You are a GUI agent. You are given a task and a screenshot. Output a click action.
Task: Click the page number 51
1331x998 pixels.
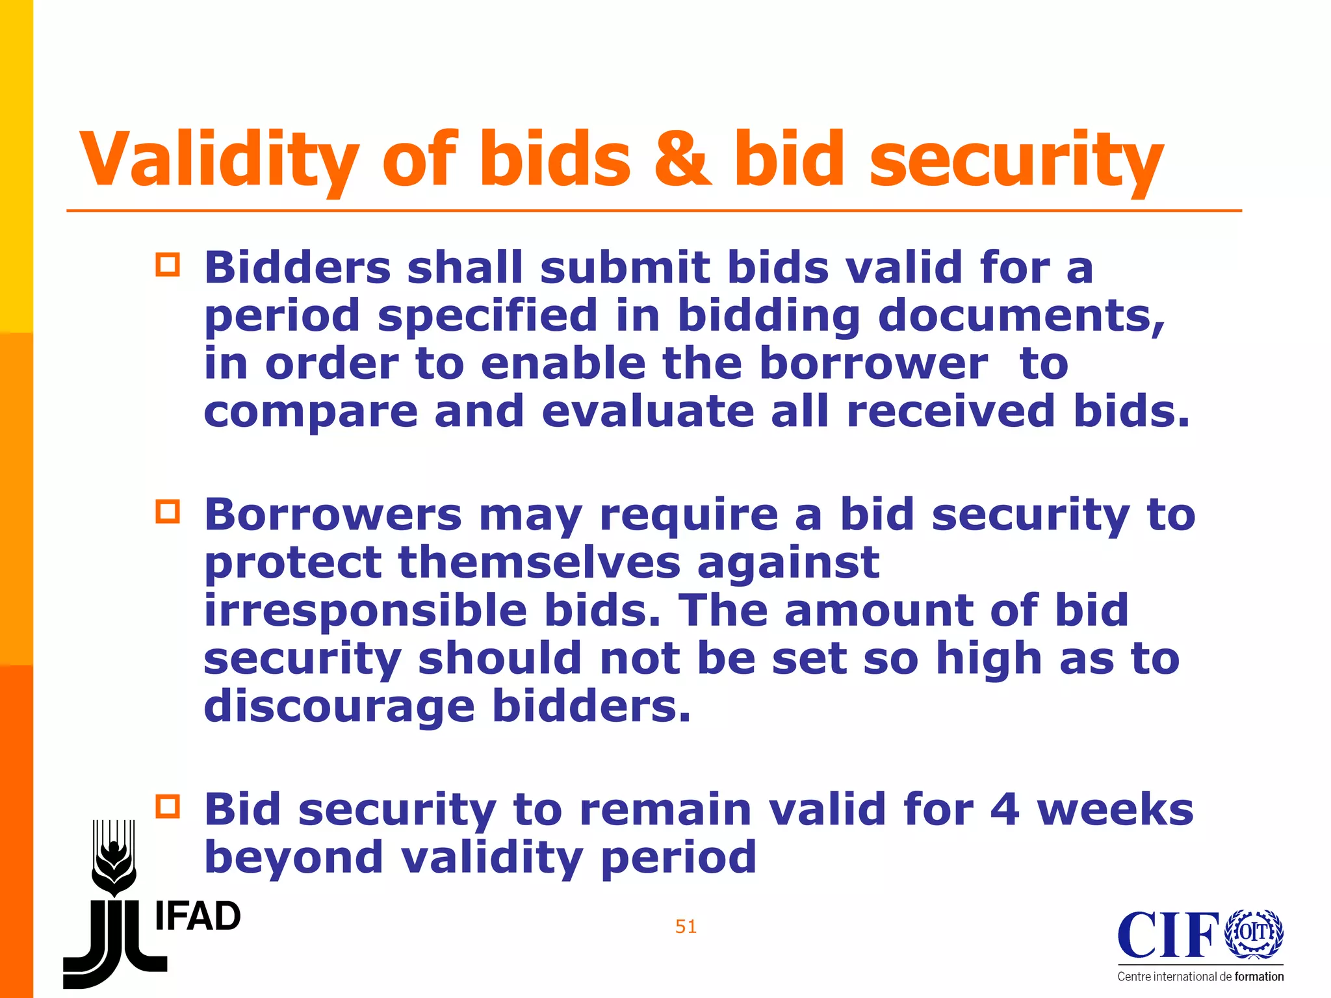point(686,927)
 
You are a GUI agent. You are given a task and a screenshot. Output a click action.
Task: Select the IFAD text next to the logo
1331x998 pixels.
point(198,917)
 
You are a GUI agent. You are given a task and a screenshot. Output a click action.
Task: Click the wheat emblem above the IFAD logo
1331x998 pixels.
point(114,858)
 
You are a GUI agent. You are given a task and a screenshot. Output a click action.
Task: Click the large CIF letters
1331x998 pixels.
point(1169,935)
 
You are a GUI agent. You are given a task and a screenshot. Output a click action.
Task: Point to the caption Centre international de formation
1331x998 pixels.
point(1200,977)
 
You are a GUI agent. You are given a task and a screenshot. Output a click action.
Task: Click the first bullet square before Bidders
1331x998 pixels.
point(168,265)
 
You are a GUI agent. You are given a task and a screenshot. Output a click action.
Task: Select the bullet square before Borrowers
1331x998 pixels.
point(168,512)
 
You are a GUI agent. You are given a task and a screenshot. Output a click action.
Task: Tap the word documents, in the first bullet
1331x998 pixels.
point(1021,315)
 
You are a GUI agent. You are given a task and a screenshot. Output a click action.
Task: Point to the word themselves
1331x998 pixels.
point(539,562)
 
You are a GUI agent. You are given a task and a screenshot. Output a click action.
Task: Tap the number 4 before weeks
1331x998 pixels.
point(1004,809)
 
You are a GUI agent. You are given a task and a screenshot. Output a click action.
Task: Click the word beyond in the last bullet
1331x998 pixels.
point(294,858)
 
